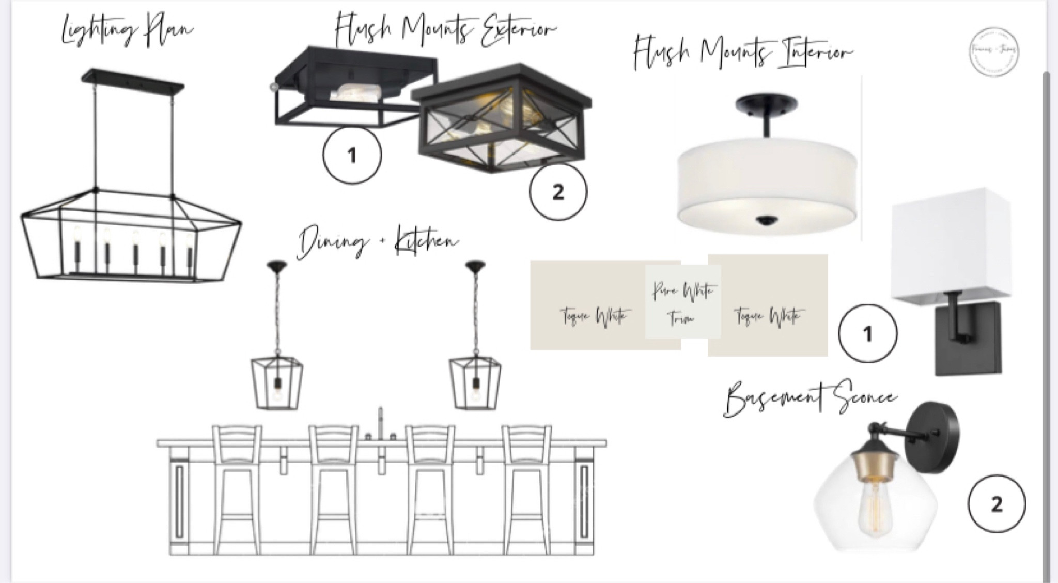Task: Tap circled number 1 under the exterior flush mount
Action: tap(352, 155)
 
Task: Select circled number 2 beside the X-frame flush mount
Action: tap(558, 192)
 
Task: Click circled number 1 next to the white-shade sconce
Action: tap(867, 333)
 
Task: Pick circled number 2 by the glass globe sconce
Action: tap(997, 503)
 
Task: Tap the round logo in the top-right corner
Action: tap(993, 52)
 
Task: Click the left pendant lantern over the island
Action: tap(277, 382)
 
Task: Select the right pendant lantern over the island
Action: tap(475, 382)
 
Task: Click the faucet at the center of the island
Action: tap(381, 424)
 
